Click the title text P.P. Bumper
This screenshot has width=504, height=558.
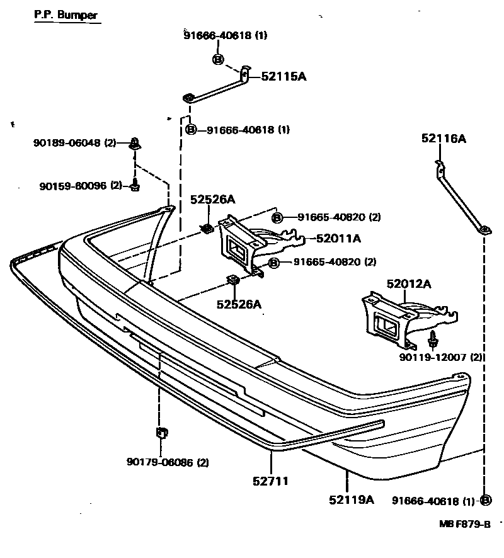pyautogui.click(x=66, y=14)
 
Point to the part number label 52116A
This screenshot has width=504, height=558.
pyautogui.click(x=444, y=139)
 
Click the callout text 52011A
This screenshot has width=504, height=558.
pyautogui.click(x=338, y=238)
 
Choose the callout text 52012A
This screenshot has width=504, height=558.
pyautogui.click(x=409, y=284)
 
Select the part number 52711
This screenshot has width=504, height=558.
pyautogui.click(x=272, y=481)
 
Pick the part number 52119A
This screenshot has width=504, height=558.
pyautogui.click(x=351, y=500)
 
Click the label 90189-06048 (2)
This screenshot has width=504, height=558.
pyautogui.click(x=75, y=143)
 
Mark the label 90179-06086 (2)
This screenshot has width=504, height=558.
pyautogui.click(x=168, y=462)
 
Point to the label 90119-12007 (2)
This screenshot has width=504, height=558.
pyautogui.click(x=441, y=357)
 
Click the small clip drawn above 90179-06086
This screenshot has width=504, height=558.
pyautogui.click(x=161, y=433)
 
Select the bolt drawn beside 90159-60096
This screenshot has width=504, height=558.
pyautogui.click(x=135, y=185)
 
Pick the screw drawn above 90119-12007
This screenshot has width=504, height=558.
pyautogui.click(x=433, y=339)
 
